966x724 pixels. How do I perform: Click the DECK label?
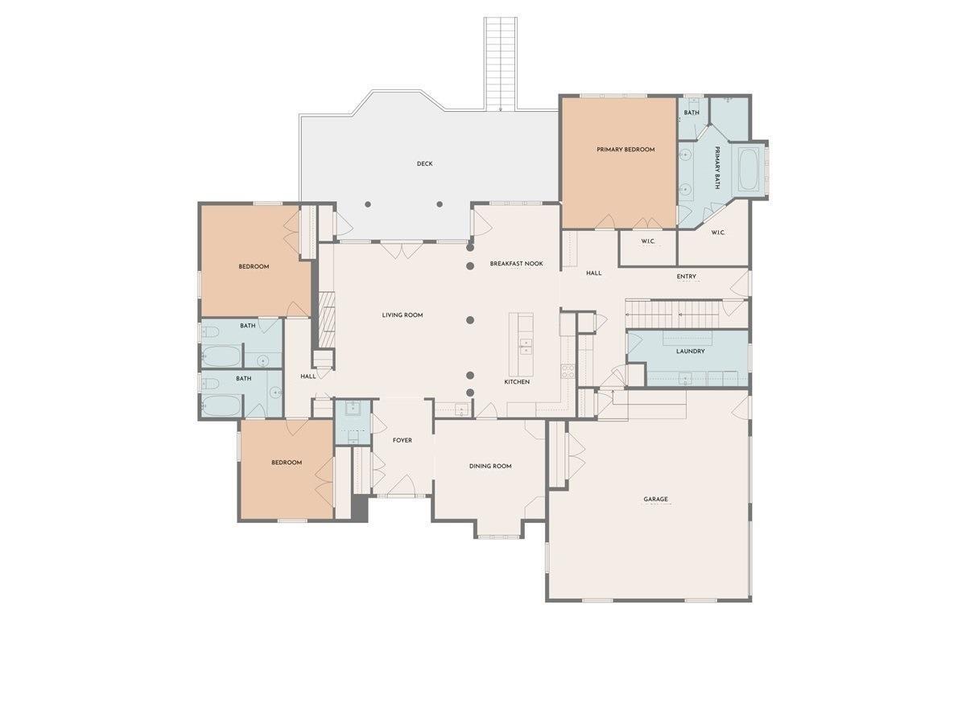tap(424, 164)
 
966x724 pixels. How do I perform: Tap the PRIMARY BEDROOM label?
tap(625, 150)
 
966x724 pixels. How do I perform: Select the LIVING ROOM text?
tap(402, 315)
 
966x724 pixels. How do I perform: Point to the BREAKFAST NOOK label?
tap(517, 264)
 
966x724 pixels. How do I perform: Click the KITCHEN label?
tap(517, 381)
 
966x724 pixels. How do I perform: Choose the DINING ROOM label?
tap(490, 466)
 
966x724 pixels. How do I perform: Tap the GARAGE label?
tap(655, 500)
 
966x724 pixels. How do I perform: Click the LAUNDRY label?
tap(690, 352)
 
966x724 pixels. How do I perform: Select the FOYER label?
tap(402, 440)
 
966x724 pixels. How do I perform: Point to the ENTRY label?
tap(687, 278)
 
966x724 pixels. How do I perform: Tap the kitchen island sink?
tap(526, 347)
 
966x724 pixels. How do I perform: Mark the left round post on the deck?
tap(368, 204)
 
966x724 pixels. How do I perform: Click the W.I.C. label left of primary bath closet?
tap(648, 242)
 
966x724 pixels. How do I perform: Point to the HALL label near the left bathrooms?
tap(308, 376)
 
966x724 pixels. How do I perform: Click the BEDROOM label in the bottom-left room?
tap(287, 463)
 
